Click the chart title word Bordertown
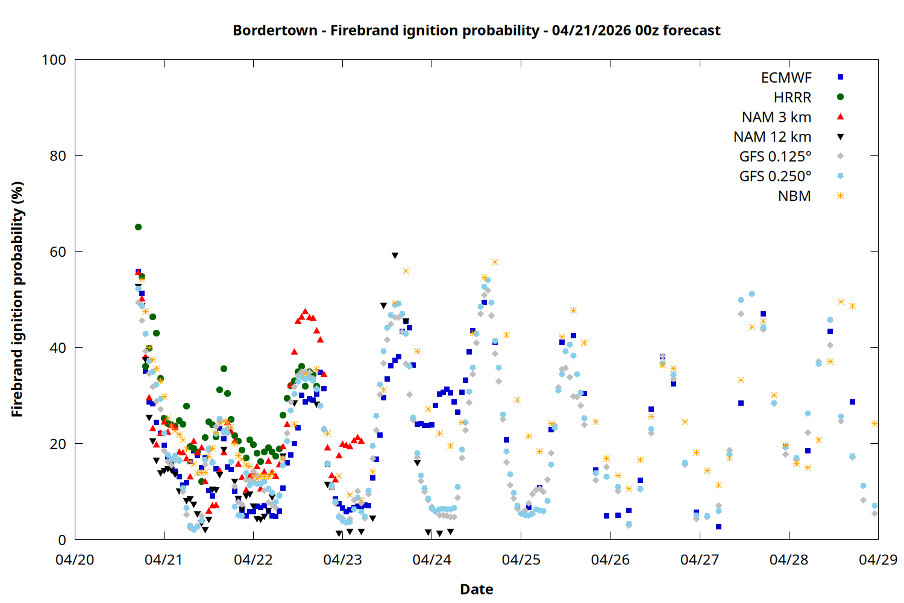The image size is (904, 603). [x=275, y=30]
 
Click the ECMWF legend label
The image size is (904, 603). [x=786, y=78]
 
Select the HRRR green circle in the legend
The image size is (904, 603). [x=840, y=97]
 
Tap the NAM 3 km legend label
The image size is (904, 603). [x=776, y=117]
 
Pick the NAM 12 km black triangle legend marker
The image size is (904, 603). [x=840, y=137]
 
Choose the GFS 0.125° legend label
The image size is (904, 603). [x=775, y=157]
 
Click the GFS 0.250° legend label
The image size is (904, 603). [x=775, y=177]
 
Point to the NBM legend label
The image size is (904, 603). [x=794, y=197]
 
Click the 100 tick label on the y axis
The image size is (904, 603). [x=54, y=60]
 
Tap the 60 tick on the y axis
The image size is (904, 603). [x=58, y=251]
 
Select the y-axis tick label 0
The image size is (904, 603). [x=62, y=540]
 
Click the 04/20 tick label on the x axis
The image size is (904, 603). [x=75, y=560]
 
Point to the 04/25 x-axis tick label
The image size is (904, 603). [x=521, y=560]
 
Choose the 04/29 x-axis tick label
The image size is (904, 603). [x=877, y=560]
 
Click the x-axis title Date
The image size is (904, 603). [x=476, y=589]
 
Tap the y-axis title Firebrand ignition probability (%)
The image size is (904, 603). [x=17, y=299]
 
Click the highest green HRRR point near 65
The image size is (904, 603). [x=138, y=227]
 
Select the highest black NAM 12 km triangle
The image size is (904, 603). [x=395, y=256]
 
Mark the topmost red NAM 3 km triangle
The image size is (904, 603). [x=305, y=311]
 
